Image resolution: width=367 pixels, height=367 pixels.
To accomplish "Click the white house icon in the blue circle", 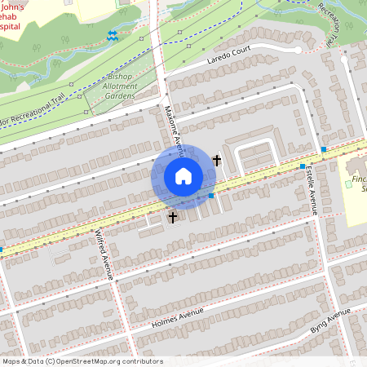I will [x=183, y=176].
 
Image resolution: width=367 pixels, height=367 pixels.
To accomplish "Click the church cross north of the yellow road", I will [x=217, y=160].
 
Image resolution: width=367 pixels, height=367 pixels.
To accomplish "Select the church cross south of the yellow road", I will [x=172, y=217].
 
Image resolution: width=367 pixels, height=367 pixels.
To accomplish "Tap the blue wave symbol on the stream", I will [x=112, y=36].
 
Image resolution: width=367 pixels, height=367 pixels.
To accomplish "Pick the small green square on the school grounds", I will [x=350, y=185].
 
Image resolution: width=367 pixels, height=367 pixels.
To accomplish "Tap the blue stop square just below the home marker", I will [x=211, y=196].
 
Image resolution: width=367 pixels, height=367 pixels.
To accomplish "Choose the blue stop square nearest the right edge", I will [x=324, y=149].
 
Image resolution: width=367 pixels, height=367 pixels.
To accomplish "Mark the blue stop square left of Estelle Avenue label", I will [x=302, y=166].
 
